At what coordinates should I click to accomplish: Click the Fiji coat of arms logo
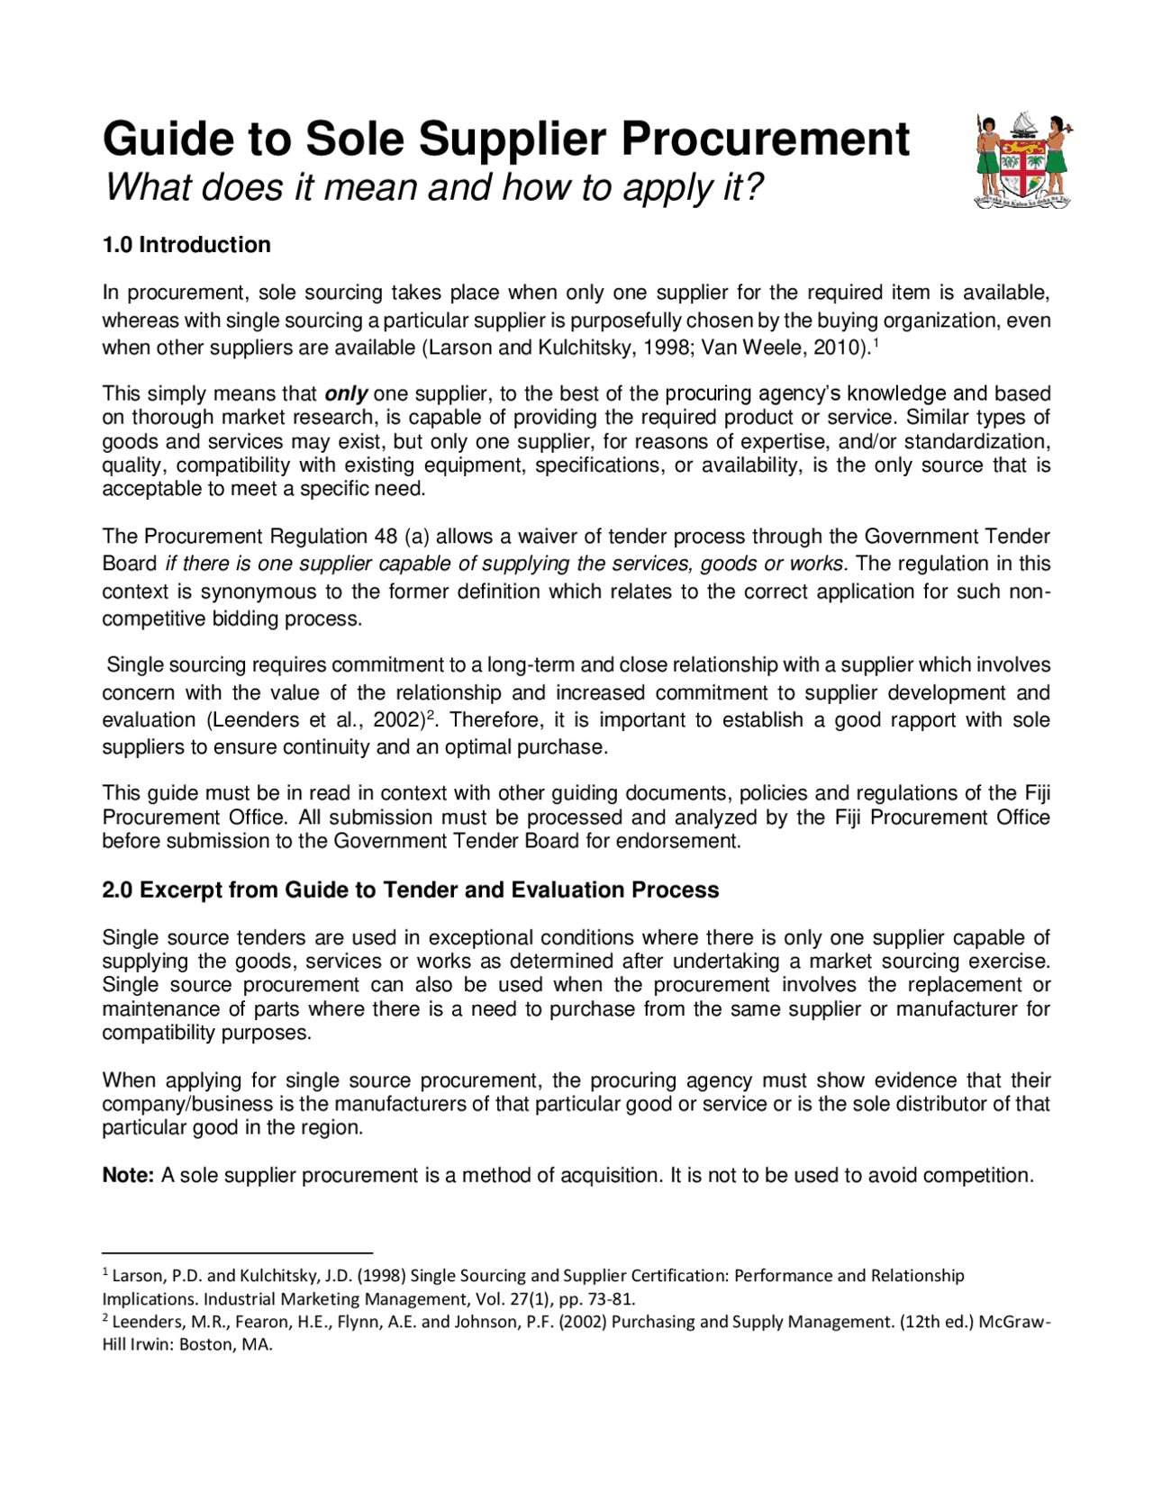(x=1023, y=161)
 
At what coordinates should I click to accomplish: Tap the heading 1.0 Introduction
(x=186, y=245)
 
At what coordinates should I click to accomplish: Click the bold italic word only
(x=346, y=393)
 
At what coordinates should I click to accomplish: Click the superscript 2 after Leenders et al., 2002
(x=431, y=715)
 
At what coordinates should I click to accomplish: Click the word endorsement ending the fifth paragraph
(x=685, y=841)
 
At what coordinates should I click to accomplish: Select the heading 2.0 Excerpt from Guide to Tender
(x=410, y=890)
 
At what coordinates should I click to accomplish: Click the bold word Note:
(x=128, y=1176)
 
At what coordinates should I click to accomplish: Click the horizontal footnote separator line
(x=237, y=1252)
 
